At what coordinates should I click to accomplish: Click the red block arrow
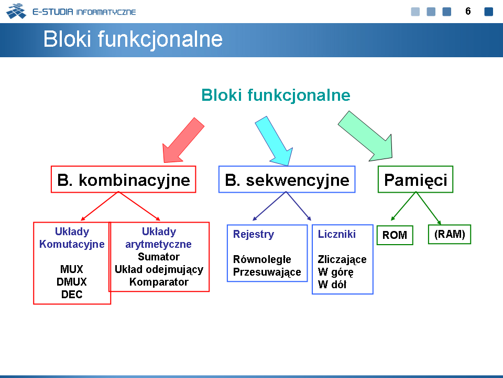183,141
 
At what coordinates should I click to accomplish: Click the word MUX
72,269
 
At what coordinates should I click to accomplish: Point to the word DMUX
72,281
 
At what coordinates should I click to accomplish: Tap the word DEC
72,294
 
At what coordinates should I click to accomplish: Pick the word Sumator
159,257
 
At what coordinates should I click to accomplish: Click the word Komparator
159,282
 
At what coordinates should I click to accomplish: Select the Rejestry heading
254,234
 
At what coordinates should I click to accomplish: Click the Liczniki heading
337,234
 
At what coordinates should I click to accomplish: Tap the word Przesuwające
267,272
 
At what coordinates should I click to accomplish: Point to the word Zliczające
342,259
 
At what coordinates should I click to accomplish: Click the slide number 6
468,11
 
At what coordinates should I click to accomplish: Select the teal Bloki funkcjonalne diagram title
276,96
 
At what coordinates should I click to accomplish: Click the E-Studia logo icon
16,11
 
